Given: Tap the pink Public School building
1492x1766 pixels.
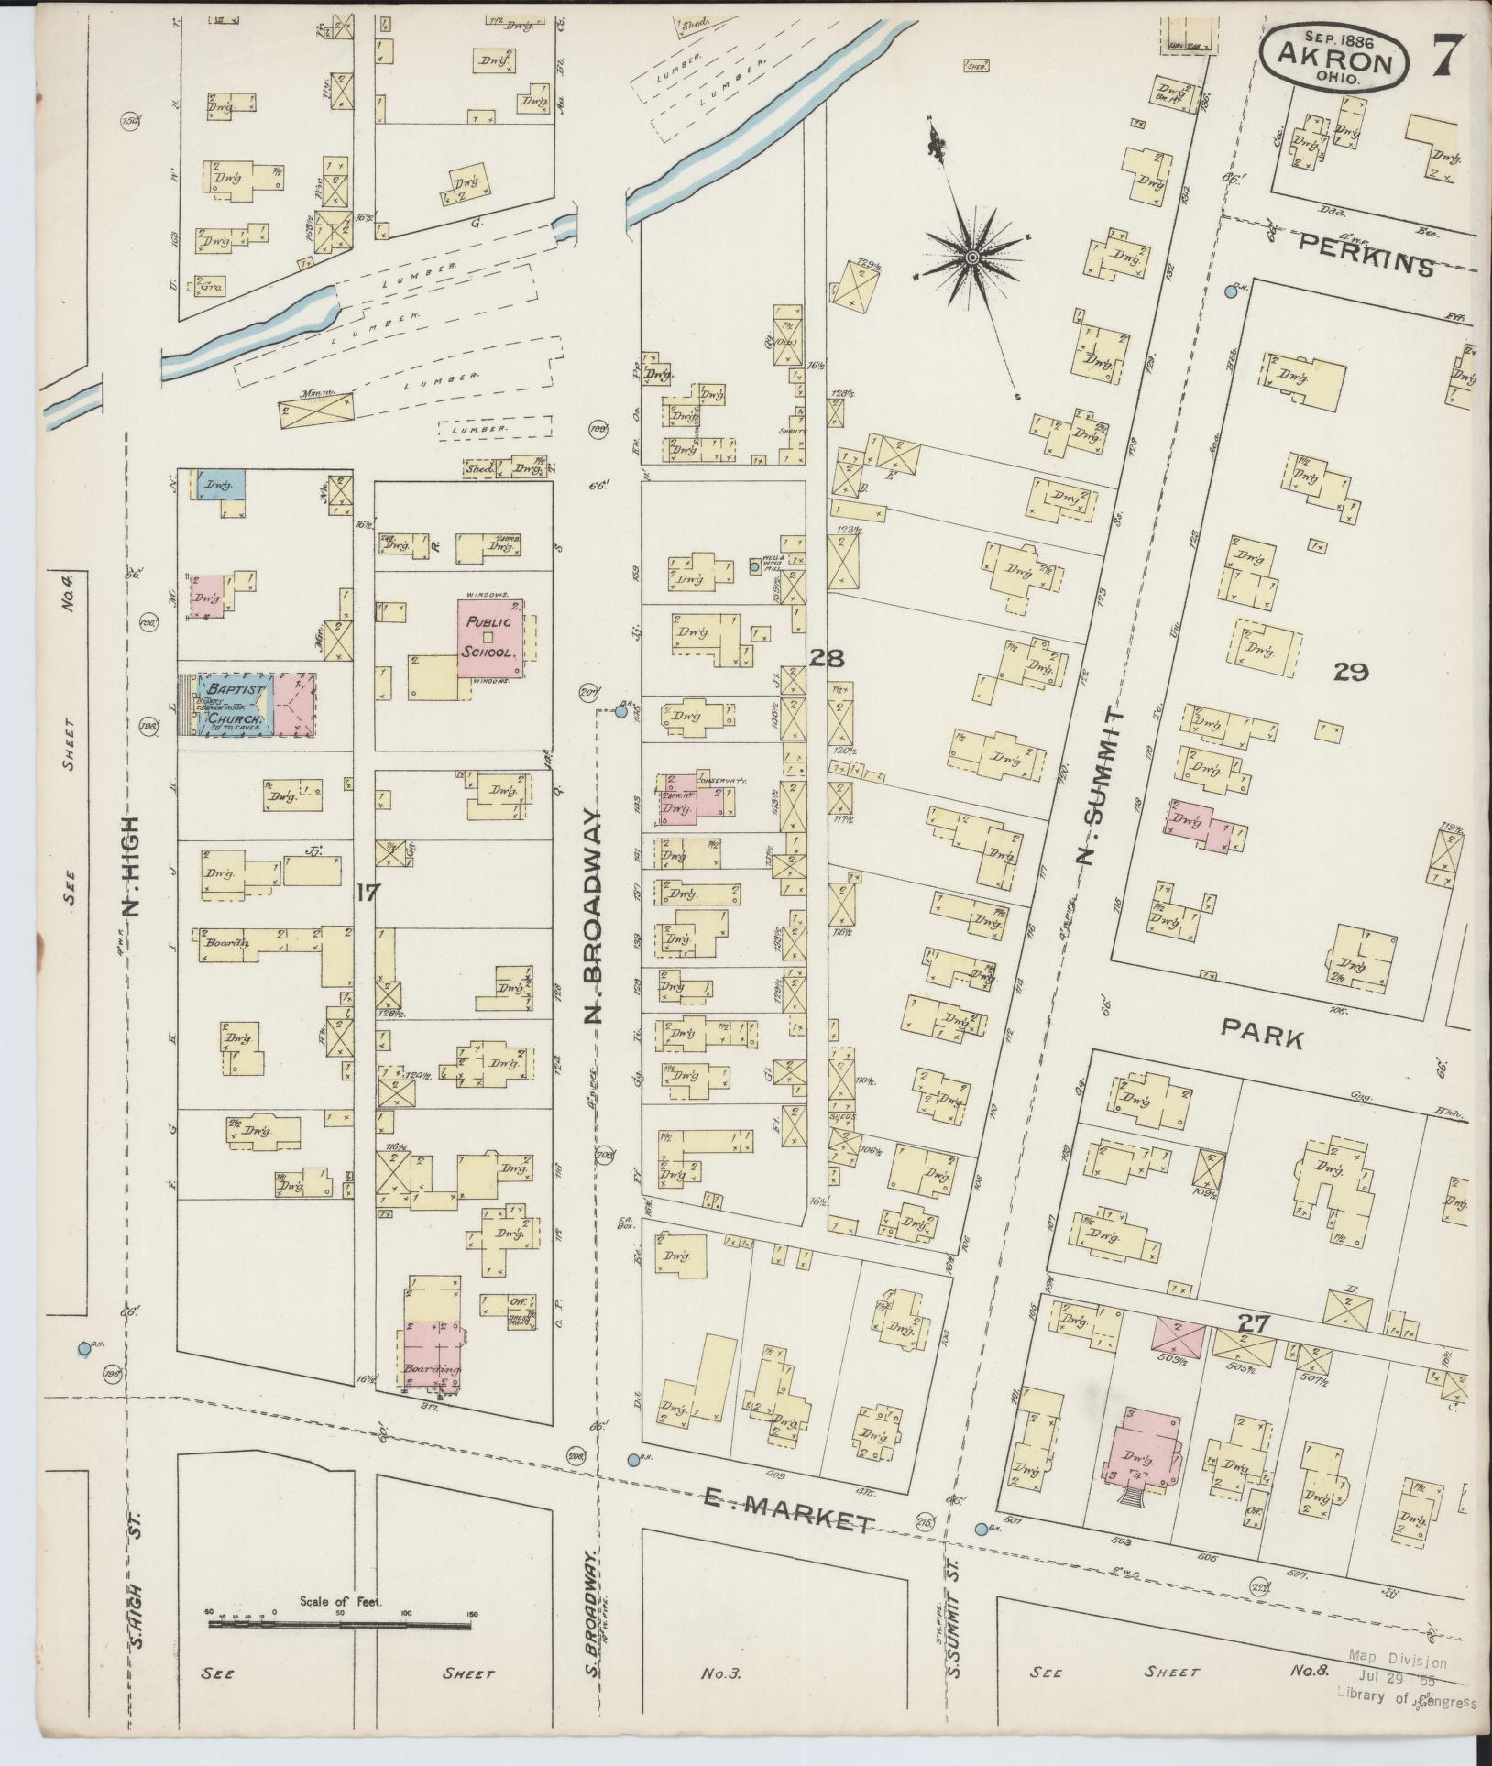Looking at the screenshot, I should tap(492, 639).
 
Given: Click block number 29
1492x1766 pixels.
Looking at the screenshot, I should tap(1351, 673).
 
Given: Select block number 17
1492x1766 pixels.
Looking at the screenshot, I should tap(366, 892).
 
